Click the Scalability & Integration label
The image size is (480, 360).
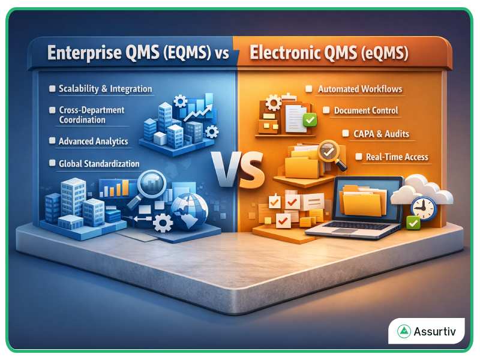(105, 89)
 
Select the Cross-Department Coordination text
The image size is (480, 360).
(91, 115)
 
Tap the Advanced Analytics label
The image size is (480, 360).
(93, 142)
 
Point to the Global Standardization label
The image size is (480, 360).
(99, 163)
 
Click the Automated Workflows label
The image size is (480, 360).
(360, 89)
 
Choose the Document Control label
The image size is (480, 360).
(366, 110)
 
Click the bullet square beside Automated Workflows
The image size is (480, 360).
(308, 89)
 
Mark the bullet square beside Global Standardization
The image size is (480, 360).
(52, 163)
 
